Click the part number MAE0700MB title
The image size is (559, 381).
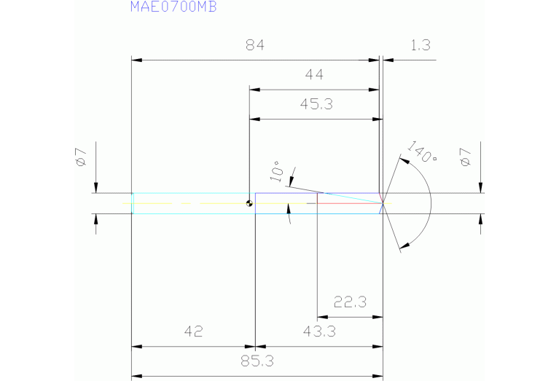(x=173, y=7)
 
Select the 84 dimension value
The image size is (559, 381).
(x=254, y=45)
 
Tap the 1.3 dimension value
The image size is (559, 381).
(x=421, y=45)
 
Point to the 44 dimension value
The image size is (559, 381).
(x=315, y=74)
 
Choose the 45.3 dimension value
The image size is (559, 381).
(x=316, y=104)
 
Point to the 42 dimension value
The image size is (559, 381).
(x=192, y=332)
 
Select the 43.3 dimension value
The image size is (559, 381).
(x=318, y=332)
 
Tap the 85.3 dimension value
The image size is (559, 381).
(x=257, y=360)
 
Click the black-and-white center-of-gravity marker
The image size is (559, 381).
(x=250, y=203)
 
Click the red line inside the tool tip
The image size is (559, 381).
(x=350, y=203)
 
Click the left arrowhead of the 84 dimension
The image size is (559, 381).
(x=136, y=60)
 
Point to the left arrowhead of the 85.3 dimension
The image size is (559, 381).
(x=136, y=375)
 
